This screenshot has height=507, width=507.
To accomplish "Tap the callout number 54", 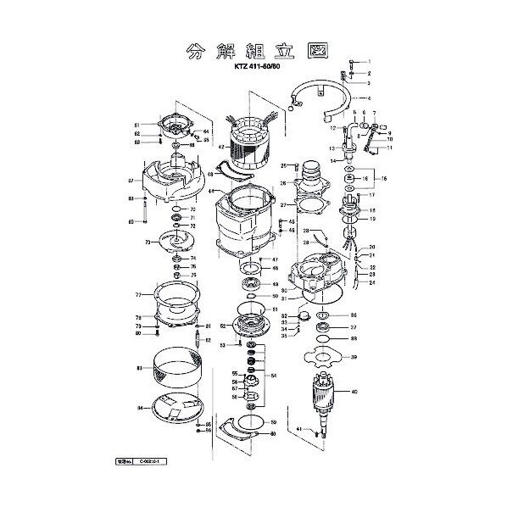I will coord(273,375).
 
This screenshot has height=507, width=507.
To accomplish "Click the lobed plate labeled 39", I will coord(320,357).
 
